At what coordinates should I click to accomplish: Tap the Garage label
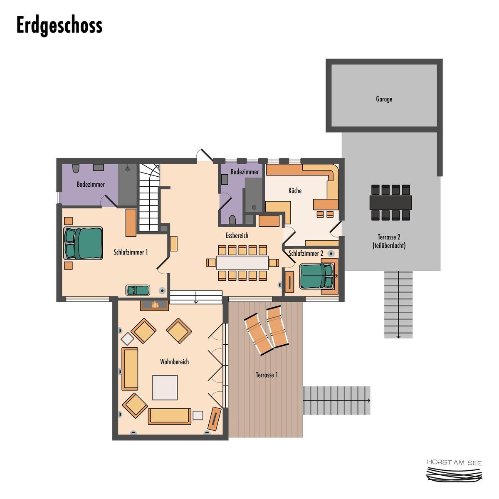tap(384, 99)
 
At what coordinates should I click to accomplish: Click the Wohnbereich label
tap(174, 362)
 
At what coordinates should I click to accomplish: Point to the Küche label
tap(295, 190)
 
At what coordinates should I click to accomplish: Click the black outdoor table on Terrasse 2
tap(390, 203)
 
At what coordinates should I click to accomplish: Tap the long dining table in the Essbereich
tap(242, 263)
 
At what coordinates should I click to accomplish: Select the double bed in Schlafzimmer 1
tap(83, 243)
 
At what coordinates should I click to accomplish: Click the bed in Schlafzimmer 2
tap(316, 276)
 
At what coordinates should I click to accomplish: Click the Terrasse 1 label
tap(267, 375)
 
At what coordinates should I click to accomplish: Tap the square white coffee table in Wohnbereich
tap(165, 388)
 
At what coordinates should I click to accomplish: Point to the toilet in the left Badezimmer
tap(76, 168)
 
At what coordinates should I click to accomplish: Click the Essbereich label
tap(237, 235)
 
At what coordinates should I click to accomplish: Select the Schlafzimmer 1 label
tap(131, 252)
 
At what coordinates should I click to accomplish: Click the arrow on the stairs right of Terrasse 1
tap(337, 400)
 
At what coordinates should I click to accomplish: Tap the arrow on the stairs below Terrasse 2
tap(398, 304)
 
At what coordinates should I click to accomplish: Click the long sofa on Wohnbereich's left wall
tap(130, 369)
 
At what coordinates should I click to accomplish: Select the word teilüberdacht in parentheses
tap(389, 245)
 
